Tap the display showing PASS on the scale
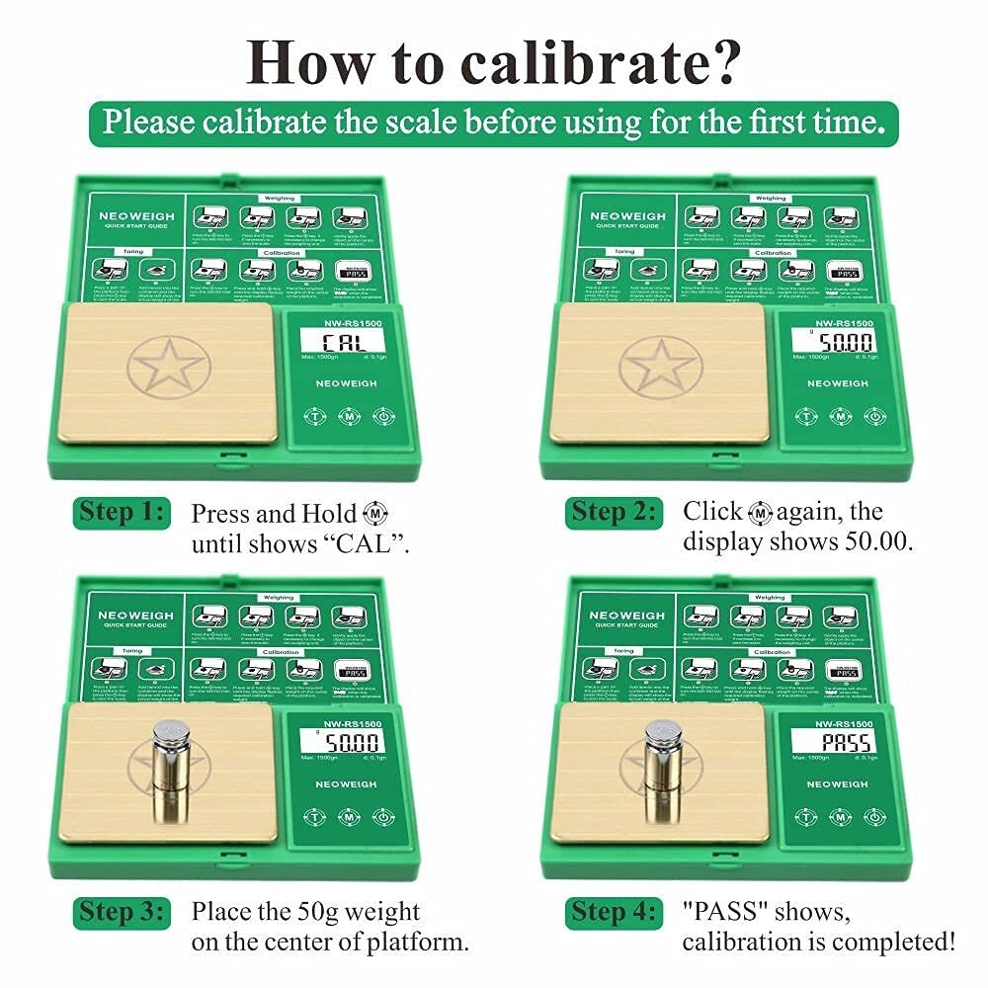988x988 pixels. point(833,741)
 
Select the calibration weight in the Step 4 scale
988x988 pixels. point(660,771)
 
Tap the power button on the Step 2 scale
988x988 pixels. point(873,416)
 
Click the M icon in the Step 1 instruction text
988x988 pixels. point(376,514)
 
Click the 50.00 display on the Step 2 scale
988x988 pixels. point(833,343)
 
